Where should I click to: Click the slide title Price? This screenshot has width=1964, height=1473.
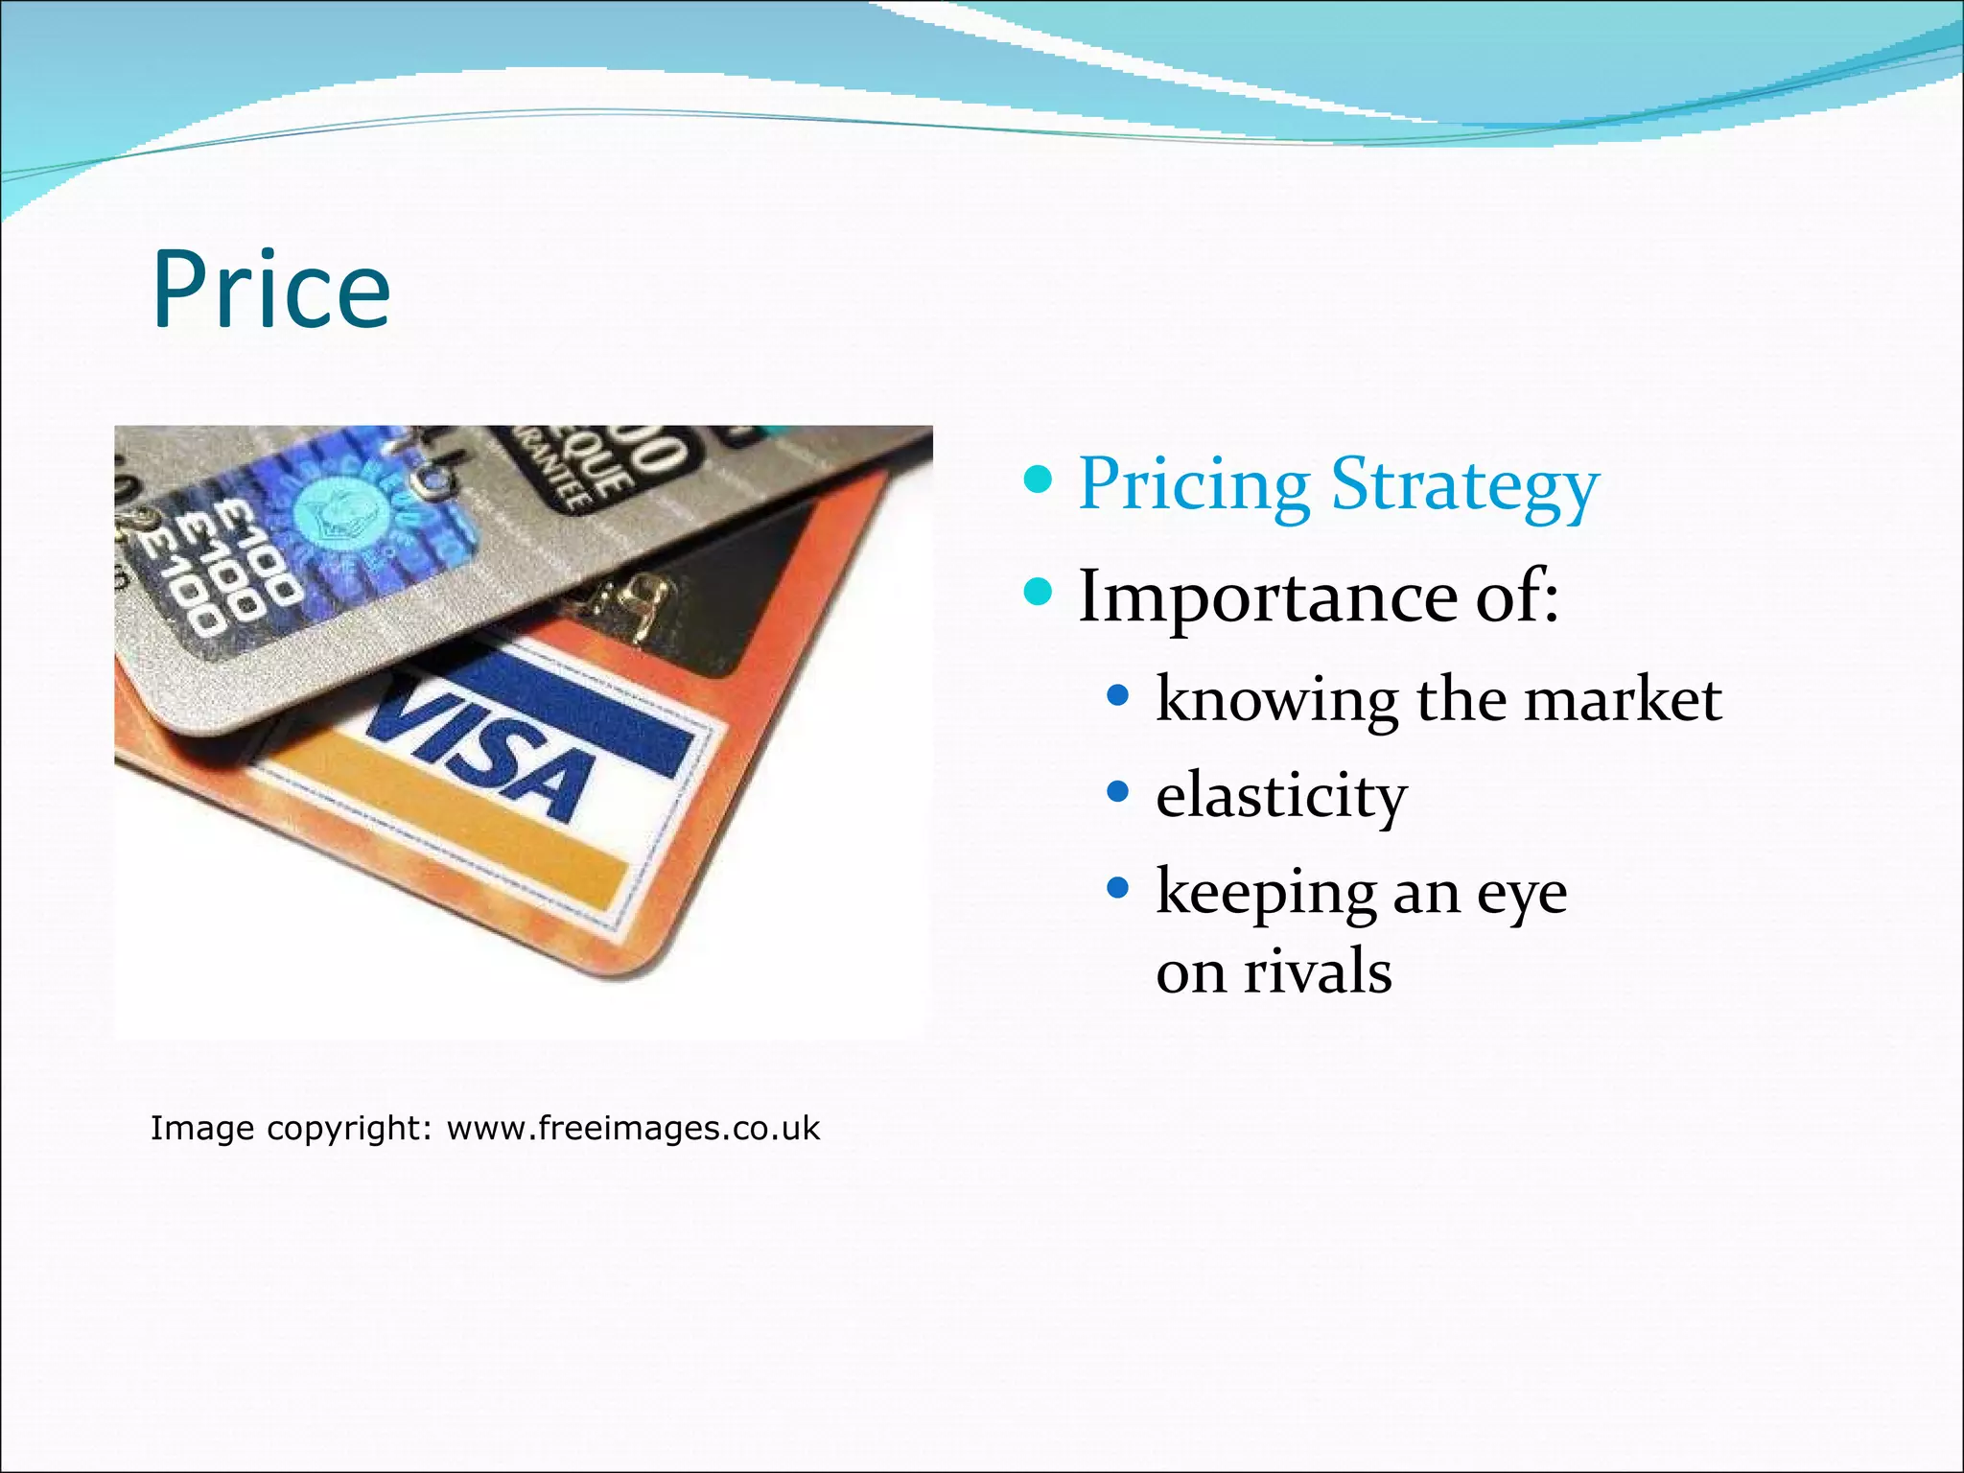(x=271, y=290)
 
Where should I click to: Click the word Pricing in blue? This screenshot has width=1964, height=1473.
(x=1194, y=484)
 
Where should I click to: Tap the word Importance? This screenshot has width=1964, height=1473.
(x=1269, y=596)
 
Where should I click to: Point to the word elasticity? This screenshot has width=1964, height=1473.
(x=1280, y=795)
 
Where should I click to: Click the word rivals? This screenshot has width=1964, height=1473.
(x=1317, y=971)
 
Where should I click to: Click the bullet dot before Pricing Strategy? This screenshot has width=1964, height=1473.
(x=1038, y=478)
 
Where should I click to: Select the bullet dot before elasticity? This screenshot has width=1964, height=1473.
(x=1118, y=792)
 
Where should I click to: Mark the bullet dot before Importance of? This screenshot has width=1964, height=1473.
(x=1038, y=591)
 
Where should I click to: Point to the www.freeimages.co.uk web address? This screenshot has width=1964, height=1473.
(x=633, y=1128)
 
